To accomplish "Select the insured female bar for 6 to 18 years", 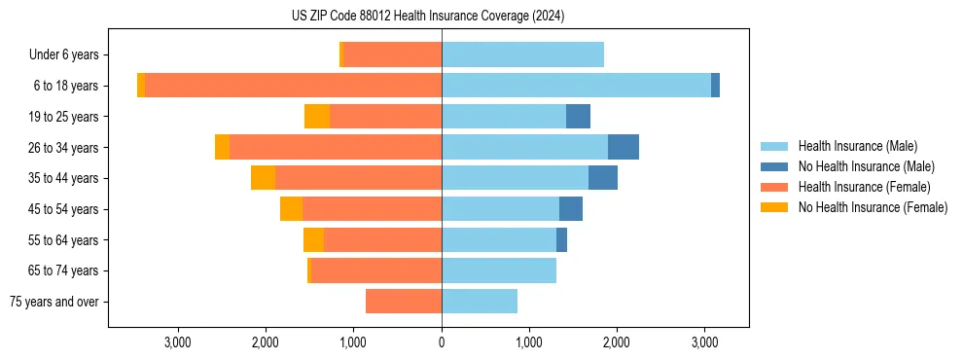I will pos(293,86).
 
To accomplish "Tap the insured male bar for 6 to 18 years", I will pos(576,86).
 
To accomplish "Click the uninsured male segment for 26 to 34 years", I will pos(624,147).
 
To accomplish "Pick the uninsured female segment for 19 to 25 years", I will pos(317,117).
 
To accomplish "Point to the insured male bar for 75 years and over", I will pos(480,302).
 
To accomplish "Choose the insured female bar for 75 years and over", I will pos(404,302).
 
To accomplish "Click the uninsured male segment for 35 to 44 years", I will pos(603,178).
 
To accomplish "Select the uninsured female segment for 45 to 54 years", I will pos(291,209).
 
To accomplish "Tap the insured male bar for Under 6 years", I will pos(522,54).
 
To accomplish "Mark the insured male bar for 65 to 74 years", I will pos(499,270).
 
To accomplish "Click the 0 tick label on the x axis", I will pos(442,342).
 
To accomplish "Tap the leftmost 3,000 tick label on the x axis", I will pos(178,342).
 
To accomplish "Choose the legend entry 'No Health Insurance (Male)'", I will pos(866,166).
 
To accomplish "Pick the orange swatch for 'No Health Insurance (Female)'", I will pos(775,207).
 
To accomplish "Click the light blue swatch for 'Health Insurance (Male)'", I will pos(775,146).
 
